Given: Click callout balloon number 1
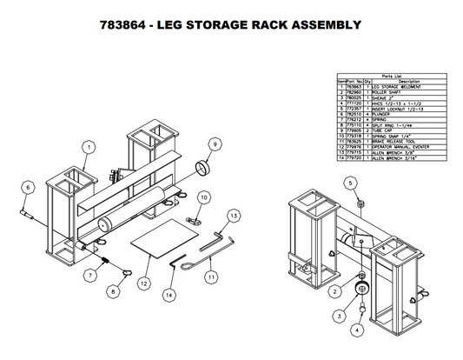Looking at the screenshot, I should [x=89, y=149].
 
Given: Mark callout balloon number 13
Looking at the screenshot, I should [x=233, y=215].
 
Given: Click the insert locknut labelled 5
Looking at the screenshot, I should [x=358, y=203].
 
